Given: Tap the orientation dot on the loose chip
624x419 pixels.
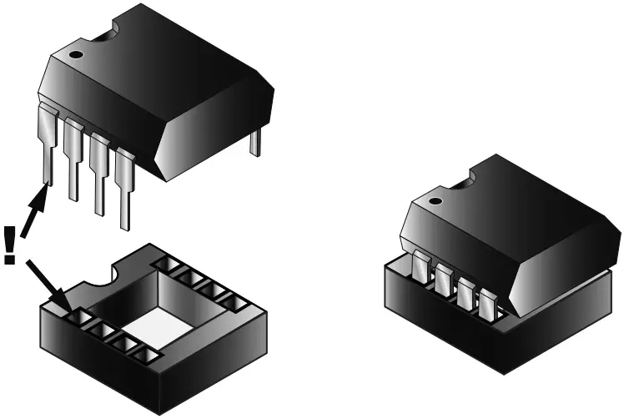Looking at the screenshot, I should tap(76, 57).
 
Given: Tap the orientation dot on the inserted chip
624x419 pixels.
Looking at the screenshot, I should tap(433, 200).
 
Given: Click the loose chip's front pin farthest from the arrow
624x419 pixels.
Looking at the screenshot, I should tap(126, 192).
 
